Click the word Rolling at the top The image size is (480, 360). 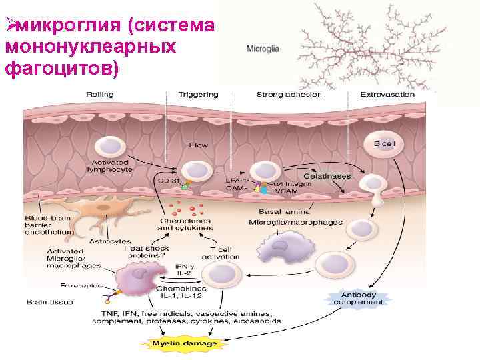pos(99,94)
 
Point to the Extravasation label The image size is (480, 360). pos(387,94)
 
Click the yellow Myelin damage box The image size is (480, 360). pos(184,343)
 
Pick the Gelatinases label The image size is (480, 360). pos(327,175)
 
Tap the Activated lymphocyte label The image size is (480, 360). pos(109,165)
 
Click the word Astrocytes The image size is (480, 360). pos(110,241)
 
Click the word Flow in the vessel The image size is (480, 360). pos(199,145)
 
